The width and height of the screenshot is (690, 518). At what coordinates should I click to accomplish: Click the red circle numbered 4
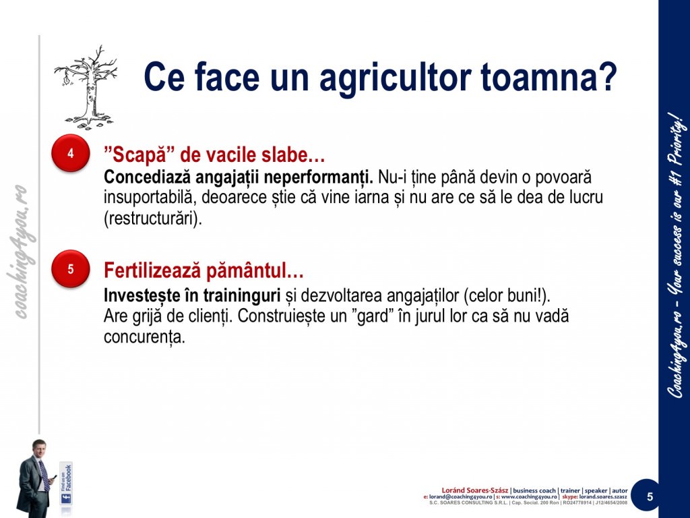coord(70,153)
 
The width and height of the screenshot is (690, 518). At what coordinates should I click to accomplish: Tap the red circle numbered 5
coord(70,268)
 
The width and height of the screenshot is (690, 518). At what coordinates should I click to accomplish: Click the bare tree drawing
coord(86,87)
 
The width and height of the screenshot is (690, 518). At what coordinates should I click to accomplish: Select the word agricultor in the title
coord(395,78)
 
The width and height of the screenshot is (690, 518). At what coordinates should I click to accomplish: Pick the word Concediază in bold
coord(147,177)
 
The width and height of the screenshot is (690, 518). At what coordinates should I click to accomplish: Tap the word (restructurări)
coord(153,219)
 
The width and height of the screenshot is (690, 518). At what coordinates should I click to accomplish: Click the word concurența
coord(144,337)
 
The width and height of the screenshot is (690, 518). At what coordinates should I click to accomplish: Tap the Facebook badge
coord(66,483)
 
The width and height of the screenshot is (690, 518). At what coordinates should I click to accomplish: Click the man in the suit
coord(35,478)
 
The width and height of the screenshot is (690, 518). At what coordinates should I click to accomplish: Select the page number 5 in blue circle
coord(650,497)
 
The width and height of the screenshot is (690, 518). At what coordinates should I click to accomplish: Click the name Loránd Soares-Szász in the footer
coord(474,490)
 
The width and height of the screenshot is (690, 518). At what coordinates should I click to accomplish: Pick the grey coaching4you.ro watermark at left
coord(19,251)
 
